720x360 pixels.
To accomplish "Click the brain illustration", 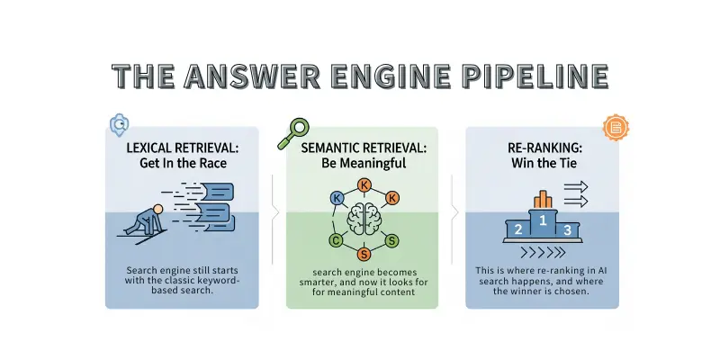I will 365,220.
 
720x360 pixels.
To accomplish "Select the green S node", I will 391,240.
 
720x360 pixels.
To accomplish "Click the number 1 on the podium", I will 542,218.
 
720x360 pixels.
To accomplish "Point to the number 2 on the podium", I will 517,229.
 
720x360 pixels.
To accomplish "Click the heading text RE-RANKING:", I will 542,147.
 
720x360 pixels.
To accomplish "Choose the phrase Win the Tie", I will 542,164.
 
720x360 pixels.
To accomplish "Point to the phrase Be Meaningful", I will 364,164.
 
